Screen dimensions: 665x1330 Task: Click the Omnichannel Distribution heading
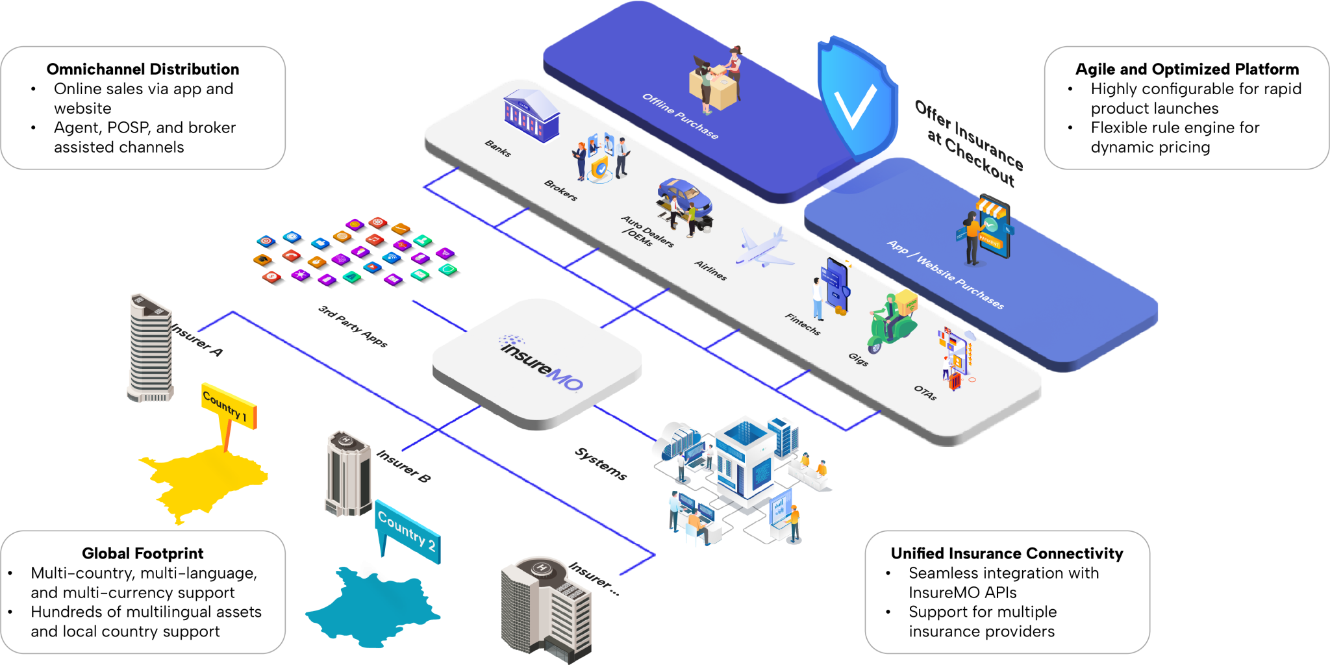tap(143, 69)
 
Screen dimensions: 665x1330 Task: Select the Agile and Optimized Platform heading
tap(1186, 69)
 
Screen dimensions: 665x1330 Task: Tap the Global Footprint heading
tap(143, 553)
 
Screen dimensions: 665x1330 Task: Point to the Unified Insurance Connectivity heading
tap(1007, 553)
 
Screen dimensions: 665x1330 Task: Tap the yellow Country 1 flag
tap(229, 406)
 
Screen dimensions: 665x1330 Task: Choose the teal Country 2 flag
tap(407, 529)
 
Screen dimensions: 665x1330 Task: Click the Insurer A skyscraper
tap(150, 347)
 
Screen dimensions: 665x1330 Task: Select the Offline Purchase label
tap(680, 116)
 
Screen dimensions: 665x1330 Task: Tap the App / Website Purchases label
tap(945, 275)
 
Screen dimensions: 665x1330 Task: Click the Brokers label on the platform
tap(560, 190)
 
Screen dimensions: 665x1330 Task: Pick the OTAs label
tap(925, 393)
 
